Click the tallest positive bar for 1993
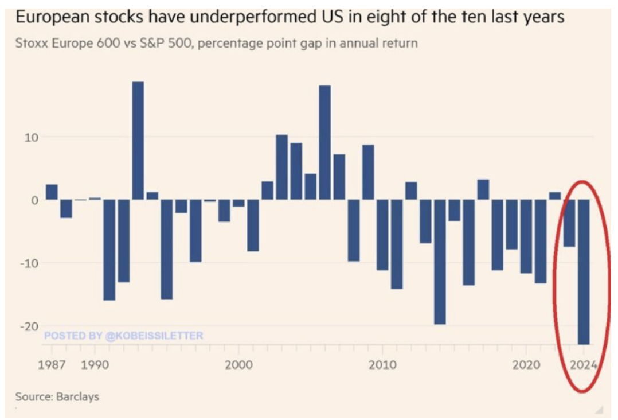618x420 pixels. pos(138,141)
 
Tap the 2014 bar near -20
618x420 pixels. pos(440,262)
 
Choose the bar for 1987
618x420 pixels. pos(52,192)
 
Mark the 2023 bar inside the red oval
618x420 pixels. pos(569,223)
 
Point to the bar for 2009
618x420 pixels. pos(368,172)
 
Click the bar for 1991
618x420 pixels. pos(109,250)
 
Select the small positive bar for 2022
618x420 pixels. pos(555,196)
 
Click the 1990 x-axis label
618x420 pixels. pos(95,364)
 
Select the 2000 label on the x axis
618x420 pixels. pos(238,364)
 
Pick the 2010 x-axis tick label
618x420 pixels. pos(382,364)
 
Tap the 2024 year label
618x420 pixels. pos(584,364)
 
